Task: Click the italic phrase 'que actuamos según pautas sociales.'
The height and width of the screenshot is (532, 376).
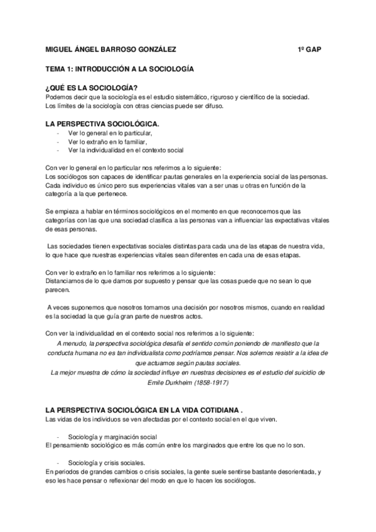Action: pyautogui.click(x=188, y=363)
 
